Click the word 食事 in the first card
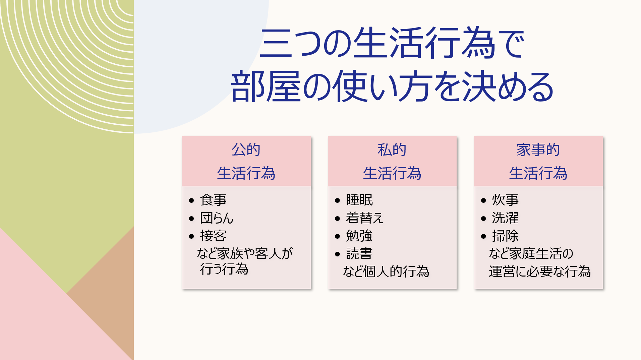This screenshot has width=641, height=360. tap(213, 200)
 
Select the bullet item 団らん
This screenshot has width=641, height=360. tap(217, 218)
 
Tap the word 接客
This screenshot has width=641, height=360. tap(213, 236)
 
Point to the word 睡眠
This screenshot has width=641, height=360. tap(359, 200)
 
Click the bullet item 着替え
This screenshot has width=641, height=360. tap(364, 218)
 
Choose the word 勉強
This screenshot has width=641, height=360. tap(359, 236)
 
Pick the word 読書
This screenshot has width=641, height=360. tap(359, 254)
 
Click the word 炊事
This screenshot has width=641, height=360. tap(505, 200)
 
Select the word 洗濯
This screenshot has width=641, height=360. tap(505, 218)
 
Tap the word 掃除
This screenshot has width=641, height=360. tap(505, 236)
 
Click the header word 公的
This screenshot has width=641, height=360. tap(246, 149)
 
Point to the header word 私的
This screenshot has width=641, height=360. tap(392, 149)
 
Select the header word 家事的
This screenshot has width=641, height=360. tap(538, 149)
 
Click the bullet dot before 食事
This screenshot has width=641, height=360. tap(191, 201)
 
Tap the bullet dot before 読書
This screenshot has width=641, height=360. tap(338, 254)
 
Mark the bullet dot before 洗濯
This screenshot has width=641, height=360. tap(483, 219)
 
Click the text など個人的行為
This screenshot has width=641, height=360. tap(386, 272)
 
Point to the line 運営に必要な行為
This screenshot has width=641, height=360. tap(540, 272)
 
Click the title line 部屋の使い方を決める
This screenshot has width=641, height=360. tap(392, 86)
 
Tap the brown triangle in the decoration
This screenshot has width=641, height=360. tap(111, 292)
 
